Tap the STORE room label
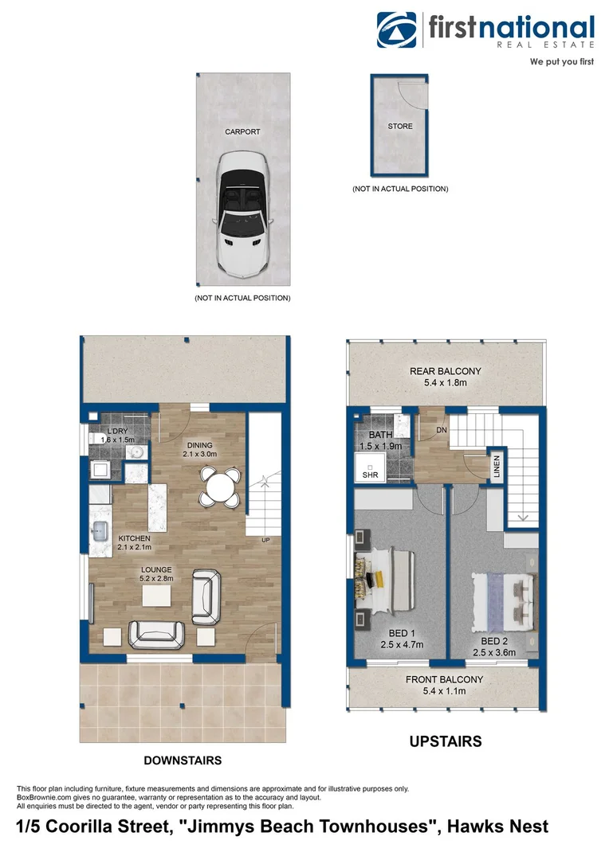pos(400,126)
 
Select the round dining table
pos(219,485)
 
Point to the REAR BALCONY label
pos(446,371)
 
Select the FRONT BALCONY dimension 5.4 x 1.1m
pos(446,691)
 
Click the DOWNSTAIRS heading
pos(183,760)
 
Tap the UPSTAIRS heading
pos(445,741)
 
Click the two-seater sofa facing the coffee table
pos(158,633)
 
